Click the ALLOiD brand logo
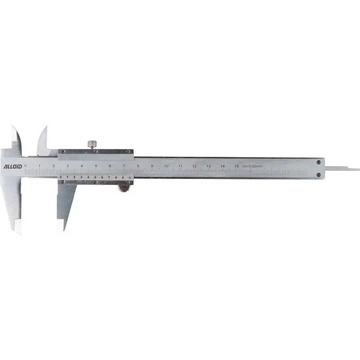click(13, 166)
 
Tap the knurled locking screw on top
click(92, 144)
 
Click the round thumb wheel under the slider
click(124, 188)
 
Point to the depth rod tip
click(359, 169)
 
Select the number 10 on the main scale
click(166, 166)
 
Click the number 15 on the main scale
click(236, 166)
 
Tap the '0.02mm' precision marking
click(255, 166)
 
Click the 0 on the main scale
click(25, 166)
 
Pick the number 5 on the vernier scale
click(95, 177)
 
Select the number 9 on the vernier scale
click(123, 177)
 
